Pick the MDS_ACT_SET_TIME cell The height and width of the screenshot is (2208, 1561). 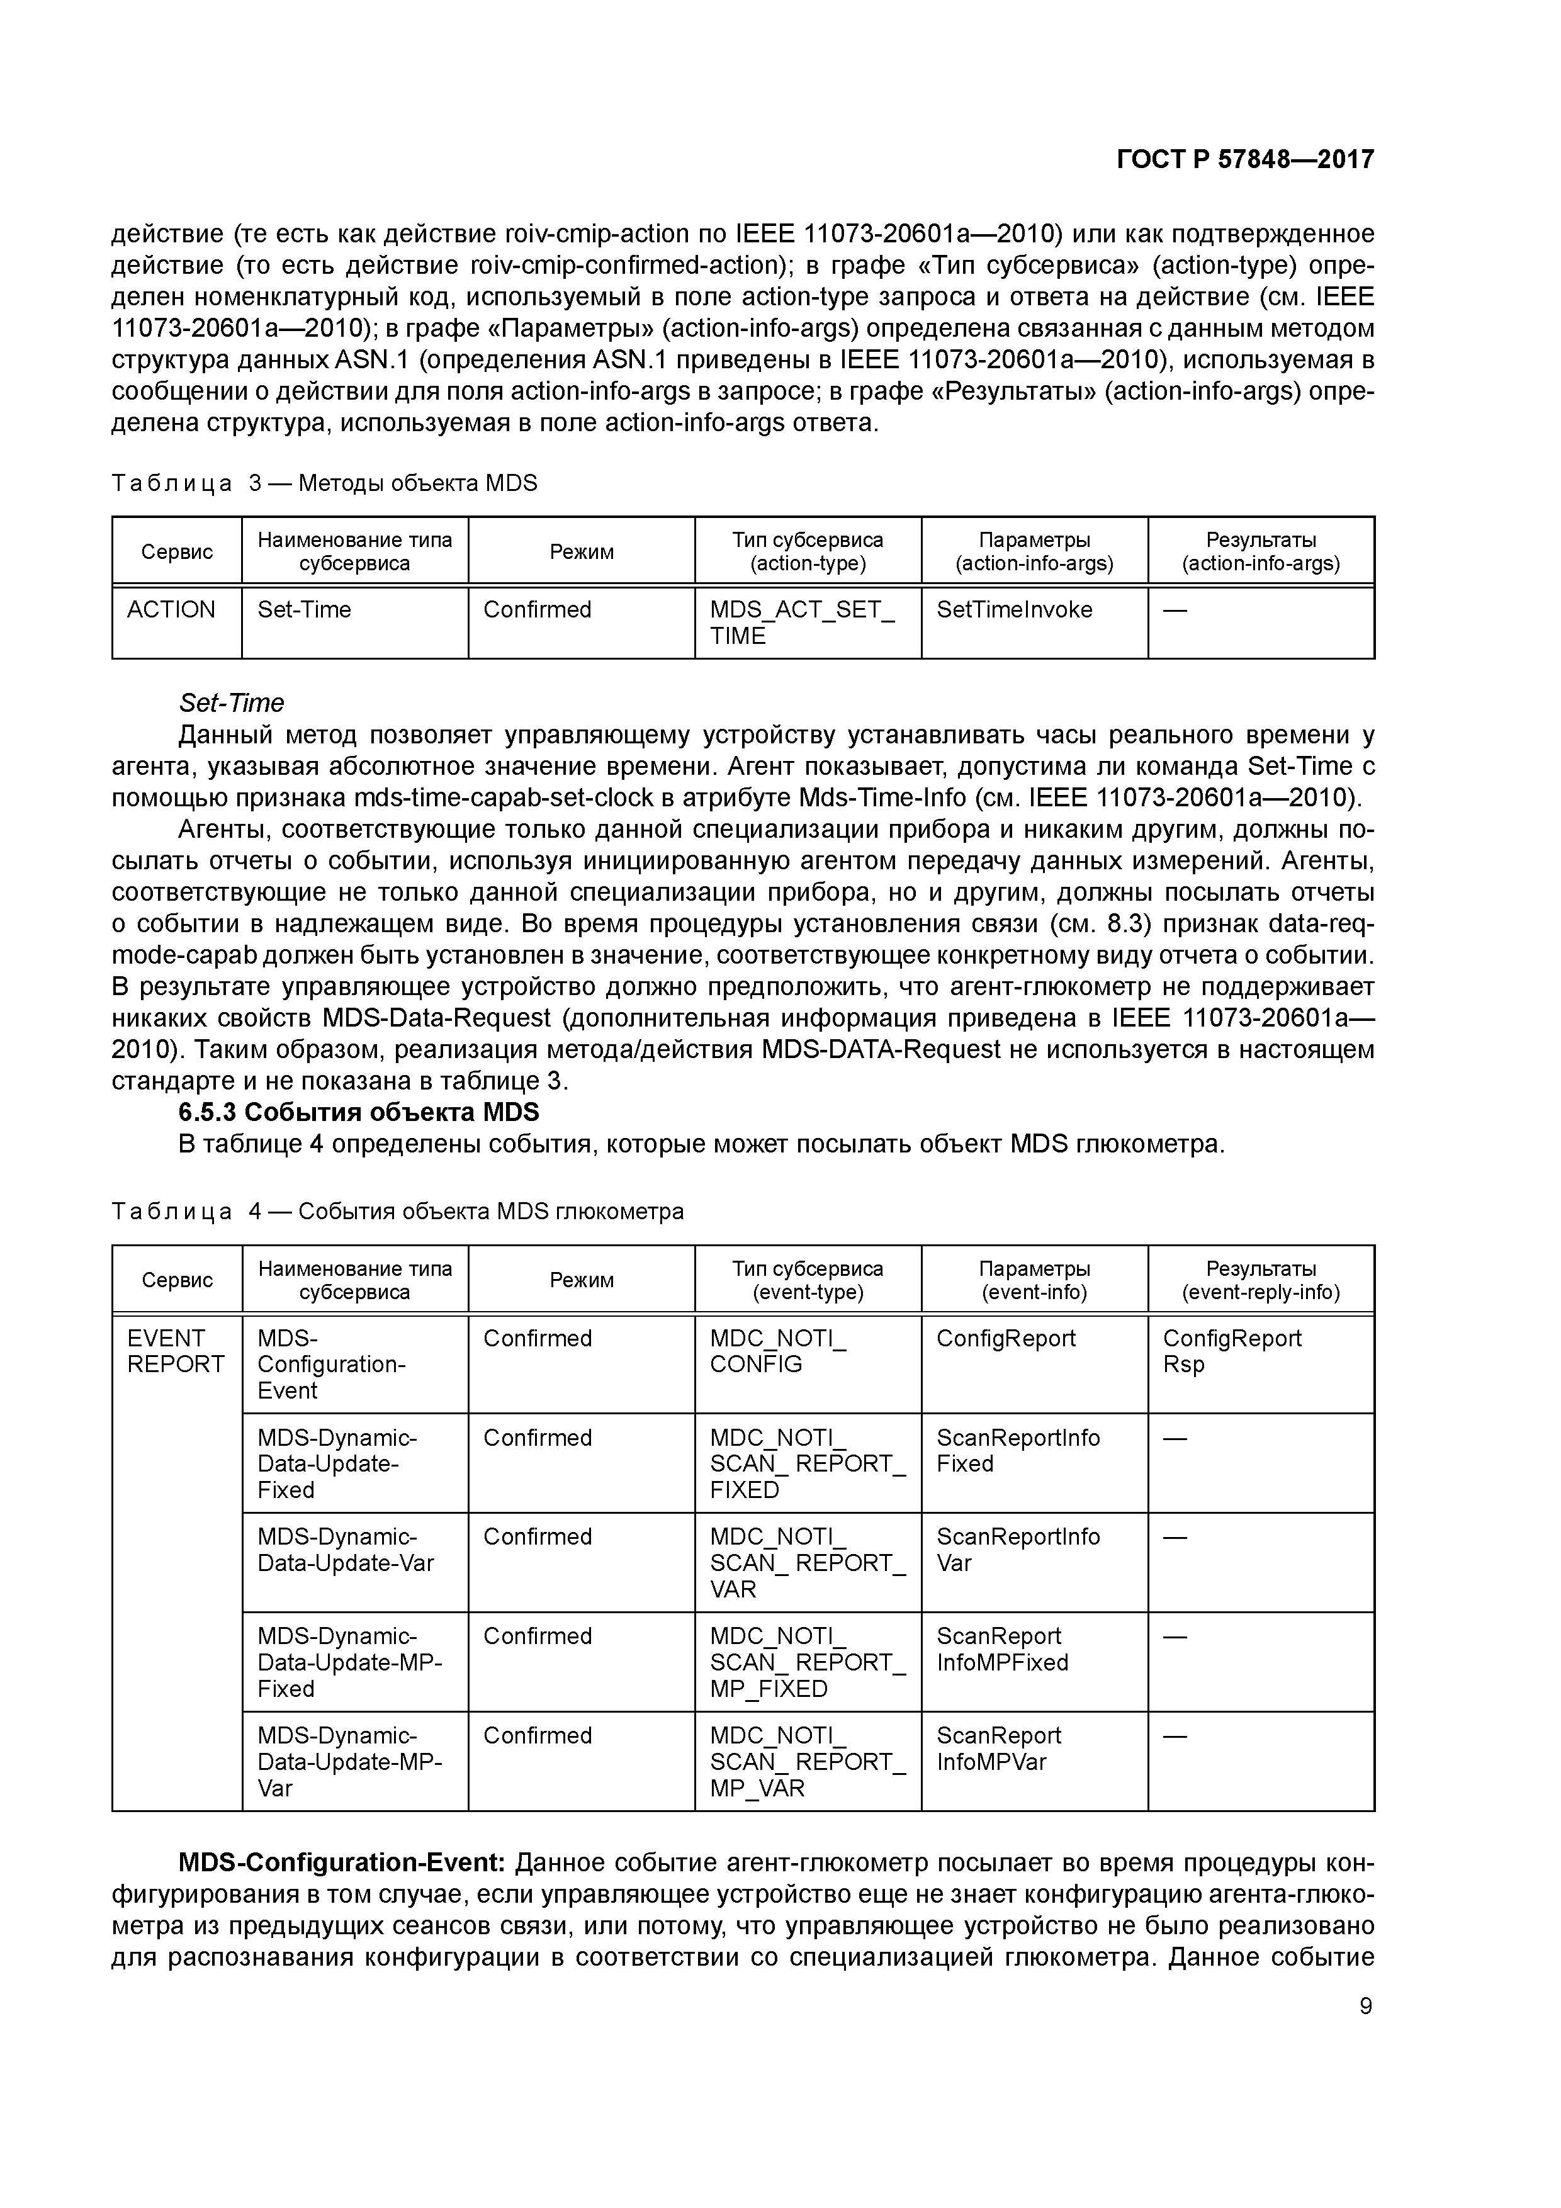pos(801,622)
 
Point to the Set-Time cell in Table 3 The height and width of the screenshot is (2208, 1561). pos(304,611)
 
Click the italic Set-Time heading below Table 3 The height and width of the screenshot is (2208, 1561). pos(231,703)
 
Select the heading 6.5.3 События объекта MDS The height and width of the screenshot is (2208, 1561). pos(359,1113)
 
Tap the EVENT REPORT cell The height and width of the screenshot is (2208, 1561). pos(175,1351)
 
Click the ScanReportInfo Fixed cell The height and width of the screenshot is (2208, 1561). pos(1018,1450)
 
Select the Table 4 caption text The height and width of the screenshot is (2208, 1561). pos(397,1212)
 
